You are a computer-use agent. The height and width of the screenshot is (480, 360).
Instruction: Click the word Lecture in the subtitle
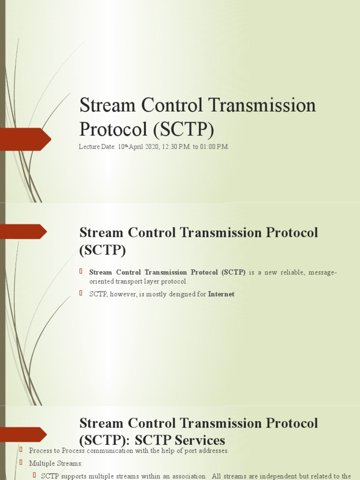point(89,147)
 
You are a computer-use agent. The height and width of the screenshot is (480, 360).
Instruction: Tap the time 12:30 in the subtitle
point(169,147)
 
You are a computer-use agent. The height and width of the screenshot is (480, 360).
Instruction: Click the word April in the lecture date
point(136,147)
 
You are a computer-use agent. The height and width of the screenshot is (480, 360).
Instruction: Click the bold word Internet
point(221,294)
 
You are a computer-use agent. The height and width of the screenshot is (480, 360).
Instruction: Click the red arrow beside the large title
point(25,139)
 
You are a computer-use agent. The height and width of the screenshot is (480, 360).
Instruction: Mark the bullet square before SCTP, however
point(80,293)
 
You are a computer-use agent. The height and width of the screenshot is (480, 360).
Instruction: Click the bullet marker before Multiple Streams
point(21,462)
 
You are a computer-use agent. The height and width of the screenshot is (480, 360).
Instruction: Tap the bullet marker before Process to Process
point(21,450)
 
